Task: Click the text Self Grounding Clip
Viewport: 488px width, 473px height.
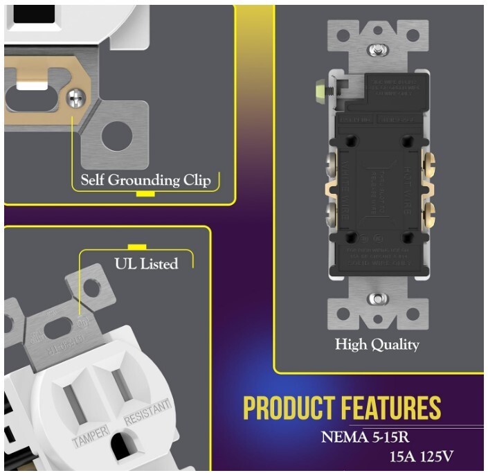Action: pyautogui.click(x=146, y=180)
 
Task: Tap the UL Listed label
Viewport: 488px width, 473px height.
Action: pyautogui.click(x=145, y=264)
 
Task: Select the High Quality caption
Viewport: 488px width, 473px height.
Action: pyautogui.click(x=377, y=344)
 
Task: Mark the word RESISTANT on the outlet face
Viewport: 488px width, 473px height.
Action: pyautogui.click(x=147, y=411)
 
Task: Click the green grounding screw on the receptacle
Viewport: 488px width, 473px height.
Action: pyautogui.click(x=320, y=89)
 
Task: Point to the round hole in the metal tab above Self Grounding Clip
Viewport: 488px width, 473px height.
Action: pyautogui.click(x=116, y=136)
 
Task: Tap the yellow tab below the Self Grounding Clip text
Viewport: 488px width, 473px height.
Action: pyautogui.click(x=145, y=193)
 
